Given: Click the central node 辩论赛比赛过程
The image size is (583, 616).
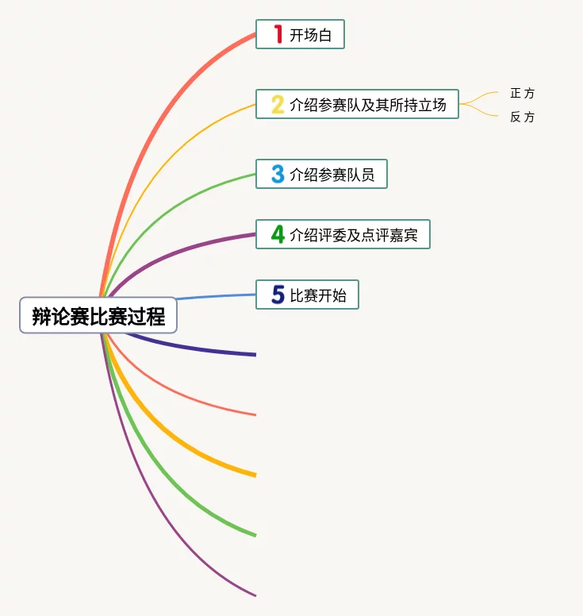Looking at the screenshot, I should click(98, 316).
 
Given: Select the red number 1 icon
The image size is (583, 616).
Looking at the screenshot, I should click(278, 34).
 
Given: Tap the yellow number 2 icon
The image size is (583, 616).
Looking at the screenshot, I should click(278, 104).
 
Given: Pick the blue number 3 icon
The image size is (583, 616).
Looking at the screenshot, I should click(278, 174).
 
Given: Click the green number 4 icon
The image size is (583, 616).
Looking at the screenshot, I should click(278, 234).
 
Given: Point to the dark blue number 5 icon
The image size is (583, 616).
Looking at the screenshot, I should click(278, 295).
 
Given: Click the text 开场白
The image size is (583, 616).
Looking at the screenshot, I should click(310, 35).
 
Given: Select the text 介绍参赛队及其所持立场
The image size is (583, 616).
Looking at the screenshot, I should click(368, 104).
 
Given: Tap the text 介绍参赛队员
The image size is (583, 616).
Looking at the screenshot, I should click(332, 175).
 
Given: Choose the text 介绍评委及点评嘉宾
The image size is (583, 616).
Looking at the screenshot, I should click(354, 235).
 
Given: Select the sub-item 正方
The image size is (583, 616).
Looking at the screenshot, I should click(523, 94).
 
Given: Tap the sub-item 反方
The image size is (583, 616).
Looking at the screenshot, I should click(523, 117).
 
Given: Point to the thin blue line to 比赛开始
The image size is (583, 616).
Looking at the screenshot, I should click(214, 297).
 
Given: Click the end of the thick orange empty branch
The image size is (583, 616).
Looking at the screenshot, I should click(254, 475).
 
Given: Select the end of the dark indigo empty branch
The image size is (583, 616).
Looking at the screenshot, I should click(254, 354).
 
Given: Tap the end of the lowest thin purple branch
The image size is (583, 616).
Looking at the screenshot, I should click(254, 595).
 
